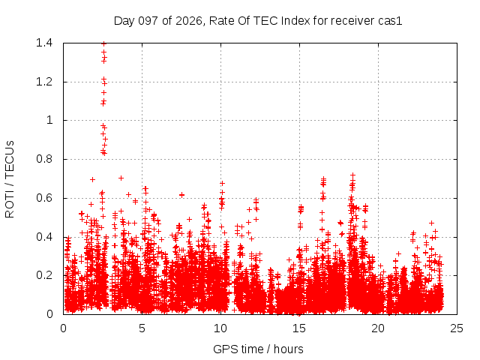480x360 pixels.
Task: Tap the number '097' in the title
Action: click(148, 21)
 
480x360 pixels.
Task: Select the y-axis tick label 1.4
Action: click(44, 43)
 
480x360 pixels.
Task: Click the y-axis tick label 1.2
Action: click(44, 82)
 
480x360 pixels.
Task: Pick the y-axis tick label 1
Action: click(49, 120)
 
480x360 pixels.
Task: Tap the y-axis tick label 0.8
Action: click(44, 159)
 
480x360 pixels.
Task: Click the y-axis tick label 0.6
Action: click(44, 198)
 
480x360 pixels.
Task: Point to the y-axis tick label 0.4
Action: click(44, 237)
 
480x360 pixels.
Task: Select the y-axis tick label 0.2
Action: click(44, 275)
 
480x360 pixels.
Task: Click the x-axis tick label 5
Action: click(142, 328)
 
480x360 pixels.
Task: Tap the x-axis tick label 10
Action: click(220, 328)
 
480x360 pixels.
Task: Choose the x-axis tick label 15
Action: click(299, 328)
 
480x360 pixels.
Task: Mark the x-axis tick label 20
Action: click(378, 328)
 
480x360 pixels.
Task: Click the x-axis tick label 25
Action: click(457, 328)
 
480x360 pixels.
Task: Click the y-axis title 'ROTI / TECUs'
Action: click(10, 179)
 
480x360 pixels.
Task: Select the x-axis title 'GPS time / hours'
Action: click(258, 349)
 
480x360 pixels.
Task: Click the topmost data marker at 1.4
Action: click(103, 43)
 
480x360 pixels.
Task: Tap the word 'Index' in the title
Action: click(295, 21)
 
